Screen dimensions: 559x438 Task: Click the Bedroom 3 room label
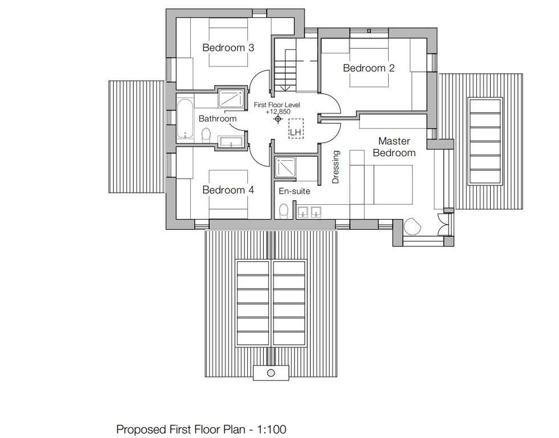point(228,47)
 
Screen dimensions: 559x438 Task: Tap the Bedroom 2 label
point(369,68)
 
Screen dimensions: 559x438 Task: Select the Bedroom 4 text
point(228,190)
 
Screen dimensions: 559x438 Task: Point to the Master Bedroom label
point(394,147)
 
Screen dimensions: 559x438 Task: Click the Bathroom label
point(218,119)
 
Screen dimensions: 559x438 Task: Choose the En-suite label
point(294,191)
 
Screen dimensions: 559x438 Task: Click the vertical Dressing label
point(336,167)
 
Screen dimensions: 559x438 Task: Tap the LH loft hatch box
point(296,128)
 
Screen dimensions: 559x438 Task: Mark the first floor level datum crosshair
point(278,119)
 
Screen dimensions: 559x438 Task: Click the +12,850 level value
point(278,111)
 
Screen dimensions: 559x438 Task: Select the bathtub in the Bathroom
point(185,119)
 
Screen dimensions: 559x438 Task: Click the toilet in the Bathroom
point(206,135)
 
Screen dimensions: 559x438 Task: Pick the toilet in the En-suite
point(284,210)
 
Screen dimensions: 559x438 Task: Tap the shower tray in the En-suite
point(285,167)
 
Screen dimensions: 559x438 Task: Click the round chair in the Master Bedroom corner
point(413,226)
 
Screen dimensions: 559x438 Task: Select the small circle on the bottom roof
point(271,373)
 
